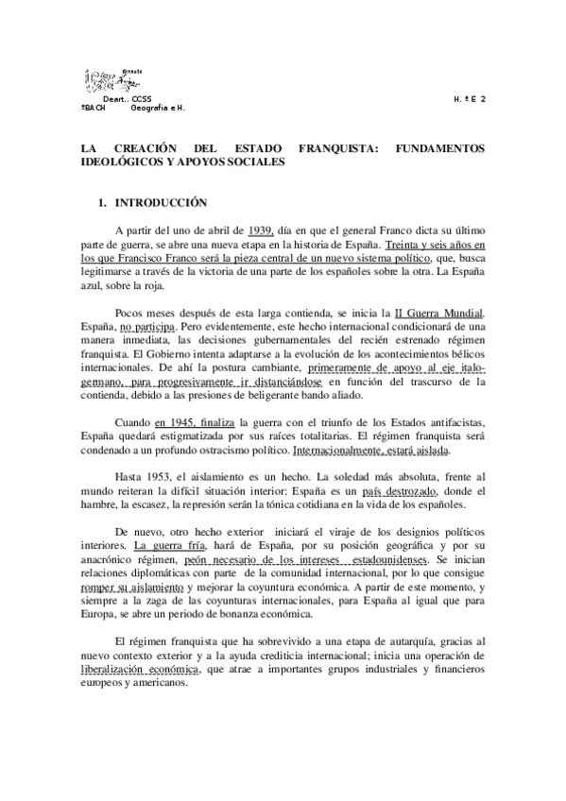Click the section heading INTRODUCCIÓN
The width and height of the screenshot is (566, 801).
click(154, 202)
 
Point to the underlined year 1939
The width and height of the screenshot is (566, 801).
click(260, 230)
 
